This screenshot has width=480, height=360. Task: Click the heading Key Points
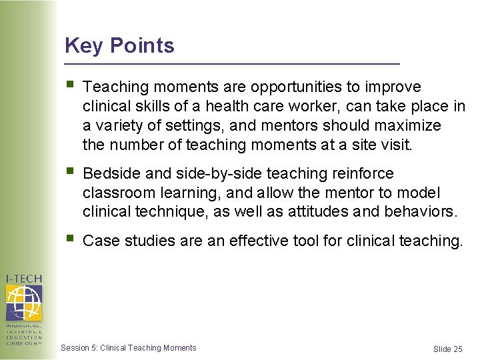[119, 46]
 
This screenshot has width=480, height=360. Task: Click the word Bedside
[111, 174]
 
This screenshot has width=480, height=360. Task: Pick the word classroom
[116, 193]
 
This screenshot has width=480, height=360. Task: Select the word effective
[259, 241]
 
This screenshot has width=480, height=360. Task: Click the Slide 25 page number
[447, 349]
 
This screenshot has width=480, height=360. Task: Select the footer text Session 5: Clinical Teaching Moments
[128, 348]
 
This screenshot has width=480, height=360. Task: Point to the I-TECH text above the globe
[24, 278]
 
